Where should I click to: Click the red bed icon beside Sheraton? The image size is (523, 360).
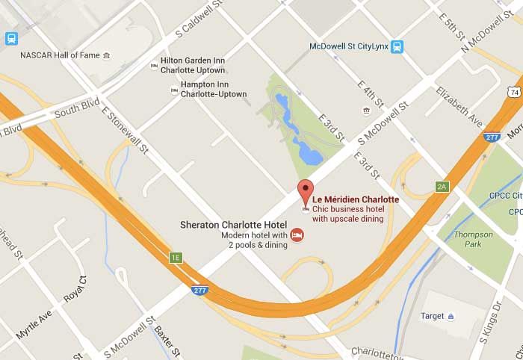[297, 237]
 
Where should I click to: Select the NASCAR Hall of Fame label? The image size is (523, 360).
[60, 55]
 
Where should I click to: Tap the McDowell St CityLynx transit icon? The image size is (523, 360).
[396, 46]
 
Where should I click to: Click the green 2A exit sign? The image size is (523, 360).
[442, 187]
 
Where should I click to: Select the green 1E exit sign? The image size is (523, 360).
[176, 258]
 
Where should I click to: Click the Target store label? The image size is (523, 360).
[433, 315]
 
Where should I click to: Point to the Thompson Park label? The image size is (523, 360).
[473, 239]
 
